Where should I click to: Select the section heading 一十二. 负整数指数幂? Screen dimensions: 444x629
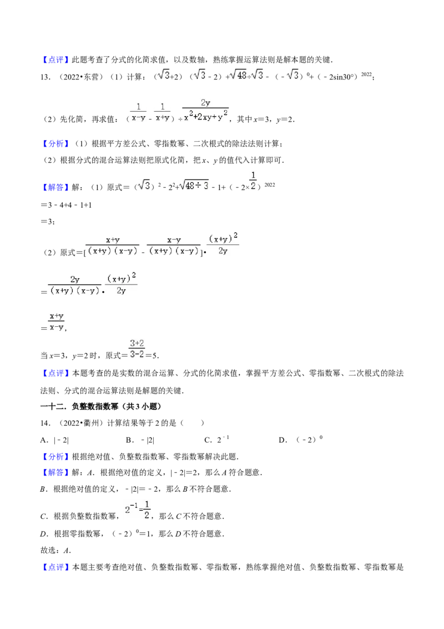tap(100, 406)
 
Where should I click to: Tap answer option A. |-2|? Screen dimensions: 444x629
tap(54, 440)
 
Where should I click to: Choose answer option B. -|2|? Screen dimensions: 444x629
tap(140, 440)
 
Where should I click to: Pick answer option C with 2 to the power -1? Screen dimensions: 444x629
tap(217, 440)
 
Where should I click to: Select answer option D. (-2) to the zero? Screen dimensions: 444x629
tap(301, 440)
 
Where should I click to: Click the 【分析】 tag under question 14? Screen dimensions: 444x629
tap(56, 457)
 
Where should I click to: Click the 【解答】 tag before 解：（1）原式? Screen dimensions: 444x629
tap(56, 187)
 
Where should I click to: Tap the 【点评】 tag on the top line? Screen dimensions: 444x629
tap(56, 60)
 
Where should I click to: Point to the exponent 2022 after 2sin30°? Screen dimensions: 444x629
tap(366, 74)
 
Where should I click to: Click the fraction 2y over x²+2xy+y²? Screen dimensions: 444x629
tap(205, 111)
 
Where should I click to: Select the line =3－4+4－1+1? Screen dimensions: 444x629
tap(66, 205)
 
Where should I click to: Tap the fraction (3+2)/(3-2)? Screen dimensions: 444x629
tap(137, 349)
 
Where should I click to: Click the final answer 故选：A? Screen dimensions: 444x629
tap(56, 550)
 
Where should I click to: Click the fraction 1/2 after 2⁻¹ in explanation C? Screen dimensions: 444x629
tap(147, 510)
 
